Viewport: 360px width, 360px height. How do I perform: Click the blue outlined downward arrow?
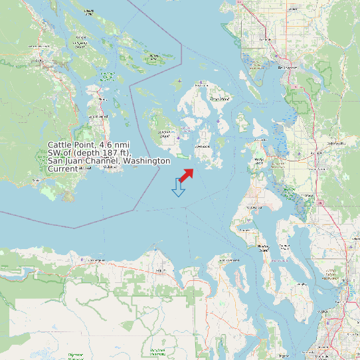177,187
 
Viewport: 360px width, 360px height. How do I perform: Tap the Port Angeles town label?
160,271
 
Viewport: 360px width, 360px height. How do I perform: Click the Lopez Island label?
200,145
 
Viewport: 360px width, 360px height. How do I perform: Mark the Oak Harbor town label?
253,207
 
